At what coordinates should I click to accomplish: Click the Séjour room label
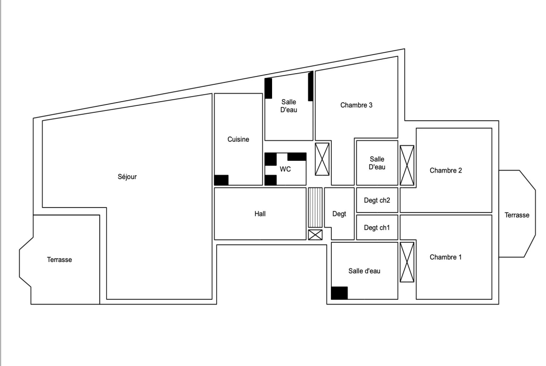[127, 177]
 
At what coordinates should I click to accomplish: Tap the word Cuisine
[238, 139]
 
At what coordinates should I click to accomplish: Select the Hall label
[260, 214]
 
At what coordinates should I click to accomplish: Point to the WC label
[285, 169]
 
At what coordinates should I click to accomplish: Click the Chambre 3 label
[356, 105]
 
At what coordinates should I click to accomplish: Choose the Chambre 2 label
[446, 171]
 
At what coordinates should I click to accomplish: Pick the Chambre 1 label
[446, 257]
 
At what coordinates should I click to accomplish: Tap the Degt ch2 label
[377, 200]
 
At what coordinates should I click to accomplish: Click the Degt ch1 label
[377, 228]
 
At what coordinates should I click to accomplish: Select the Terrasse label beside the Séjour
[60, 260]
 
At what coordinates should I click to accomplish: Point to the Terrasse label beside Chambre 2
[517, 215]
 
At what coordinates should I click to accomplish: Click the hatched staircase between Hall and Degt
[315, 207]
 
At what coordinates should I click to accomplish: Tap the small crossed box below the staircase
[315, 235]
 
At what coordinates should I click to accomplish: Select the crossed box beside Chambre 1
[407, 262]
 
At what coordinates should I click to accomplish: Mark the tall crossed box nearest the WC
[322, 159]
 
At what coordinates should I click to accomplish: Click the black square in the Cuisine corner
[221, 180]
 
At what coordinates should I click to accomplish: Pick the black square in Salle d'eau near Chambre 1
[339, 293]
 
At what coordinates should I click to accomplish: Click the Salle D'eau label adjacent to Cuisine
[289, 106]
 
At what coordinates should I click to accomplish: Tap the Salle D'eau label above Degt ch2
[377, 163]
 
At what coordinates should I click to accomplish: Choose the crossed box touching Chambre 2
[407, 165]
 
